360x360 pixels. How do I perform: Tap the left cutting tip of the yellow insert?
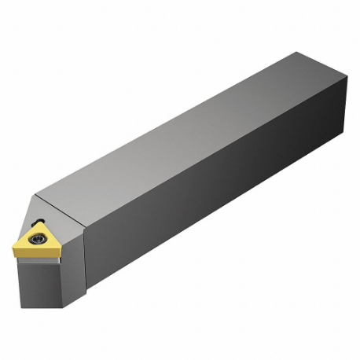[x=15, y=249]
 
